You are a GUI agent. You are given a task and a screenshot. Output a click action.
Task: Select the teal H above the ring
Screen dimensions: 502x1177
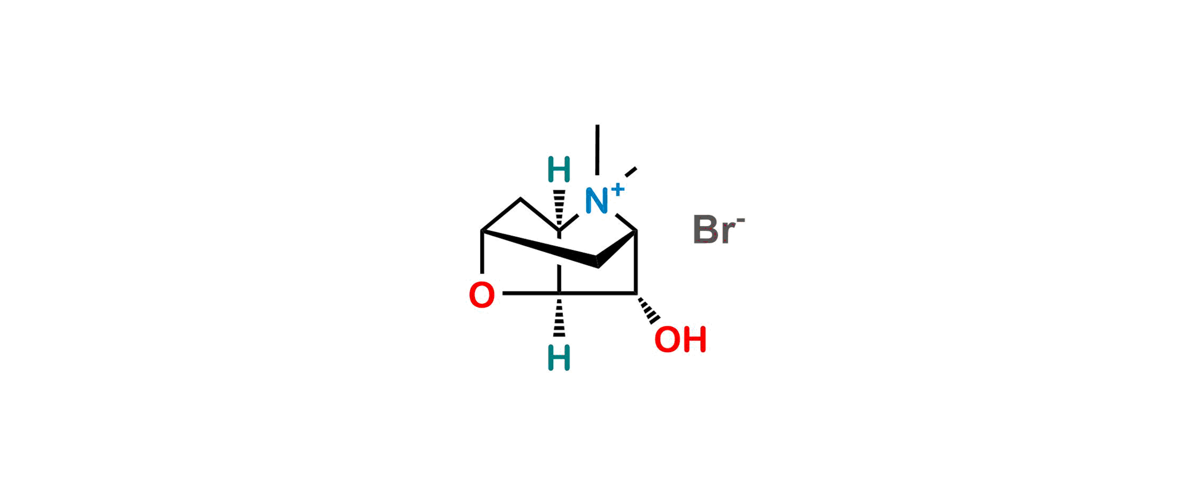coord(559,169)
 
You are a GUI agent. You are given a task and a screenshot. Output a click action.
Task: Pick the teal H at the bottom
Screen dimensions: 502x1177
coord(559,357)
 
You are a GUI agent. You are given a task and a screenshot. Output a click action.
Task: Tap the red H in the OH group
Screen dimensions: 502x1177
coord(694,339)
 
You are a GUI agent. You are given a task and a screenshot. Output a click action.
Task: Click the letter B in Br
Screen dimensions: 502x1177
coord(706,230)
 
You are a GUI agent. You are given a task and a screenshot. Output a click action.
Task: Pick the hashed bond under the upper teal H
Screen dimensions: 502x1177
coord(559,205)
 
